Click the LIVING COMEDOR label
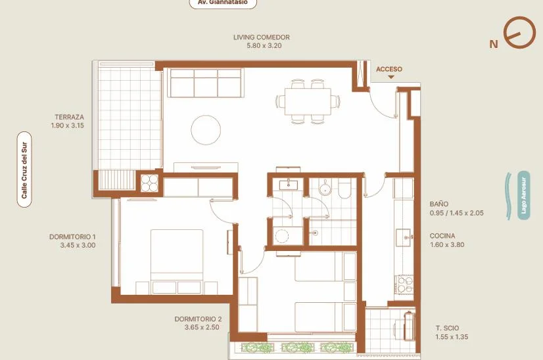[262, 37]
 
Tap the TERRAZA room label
[69, 117]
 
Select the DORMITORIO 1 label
[72, 236]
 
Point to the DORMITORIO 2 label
[198, 319]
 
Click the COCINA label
[442, 236]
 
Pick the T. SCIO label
[448, 328]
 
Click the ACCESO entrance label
[389, 69]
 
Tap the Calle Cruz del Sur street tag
[24, 169]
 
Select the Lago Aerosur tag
[523, 196]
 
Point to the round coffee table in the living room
[206, 130]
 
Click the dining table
[308, 101]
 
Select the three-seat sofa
[204, 83]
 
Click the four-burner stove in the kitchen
[404, 284]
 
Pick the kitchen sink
[404, 237]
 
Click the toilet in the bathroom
[344, 189]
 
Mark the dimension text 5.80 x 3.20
[264, 46]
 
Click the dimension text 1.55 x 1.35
[452, 337]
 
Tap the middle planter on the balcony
[296, 347]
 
